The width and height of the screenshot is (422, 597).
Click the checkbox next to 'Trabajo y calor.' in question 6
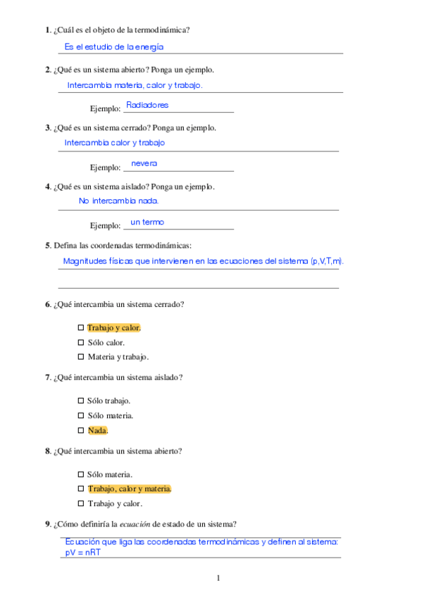[x=81, y=328]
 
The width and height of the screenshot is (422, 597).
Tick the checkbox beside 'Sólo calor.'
[x=81, y=343]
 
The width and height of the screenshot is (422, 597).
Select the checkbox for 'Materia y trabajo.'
[x=81, y=357]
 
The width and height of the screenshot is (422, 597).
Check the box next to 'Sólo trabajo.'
[x=81, y=401]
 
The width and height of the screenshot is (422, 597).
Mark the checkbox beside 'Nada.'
[x=81, y=430]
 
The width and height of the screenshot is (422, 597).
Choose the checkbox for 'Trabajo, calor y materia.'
[x=81, y=489]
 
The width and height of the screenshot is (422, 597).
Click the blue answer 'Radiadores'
[x=147, y=105]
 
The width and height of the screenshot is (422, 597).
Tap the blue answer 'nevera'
[x=144, y=163]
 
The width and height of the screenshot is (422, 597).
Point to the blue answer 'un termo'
[x=147, y=222]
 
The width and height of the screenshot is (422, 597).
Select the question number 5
[x=47, y=245]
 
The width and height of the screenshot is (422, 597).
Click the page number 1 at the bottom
[x=218, y=579]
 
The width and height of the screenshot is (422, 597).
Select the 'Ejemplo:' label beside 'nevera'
[x=106, y=168]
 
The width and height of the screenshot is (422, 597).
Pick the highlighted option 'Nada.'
[x=98, y=430]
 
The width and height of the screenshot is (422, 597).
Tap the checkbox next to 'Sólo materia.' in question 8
[x=81, y=475]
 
